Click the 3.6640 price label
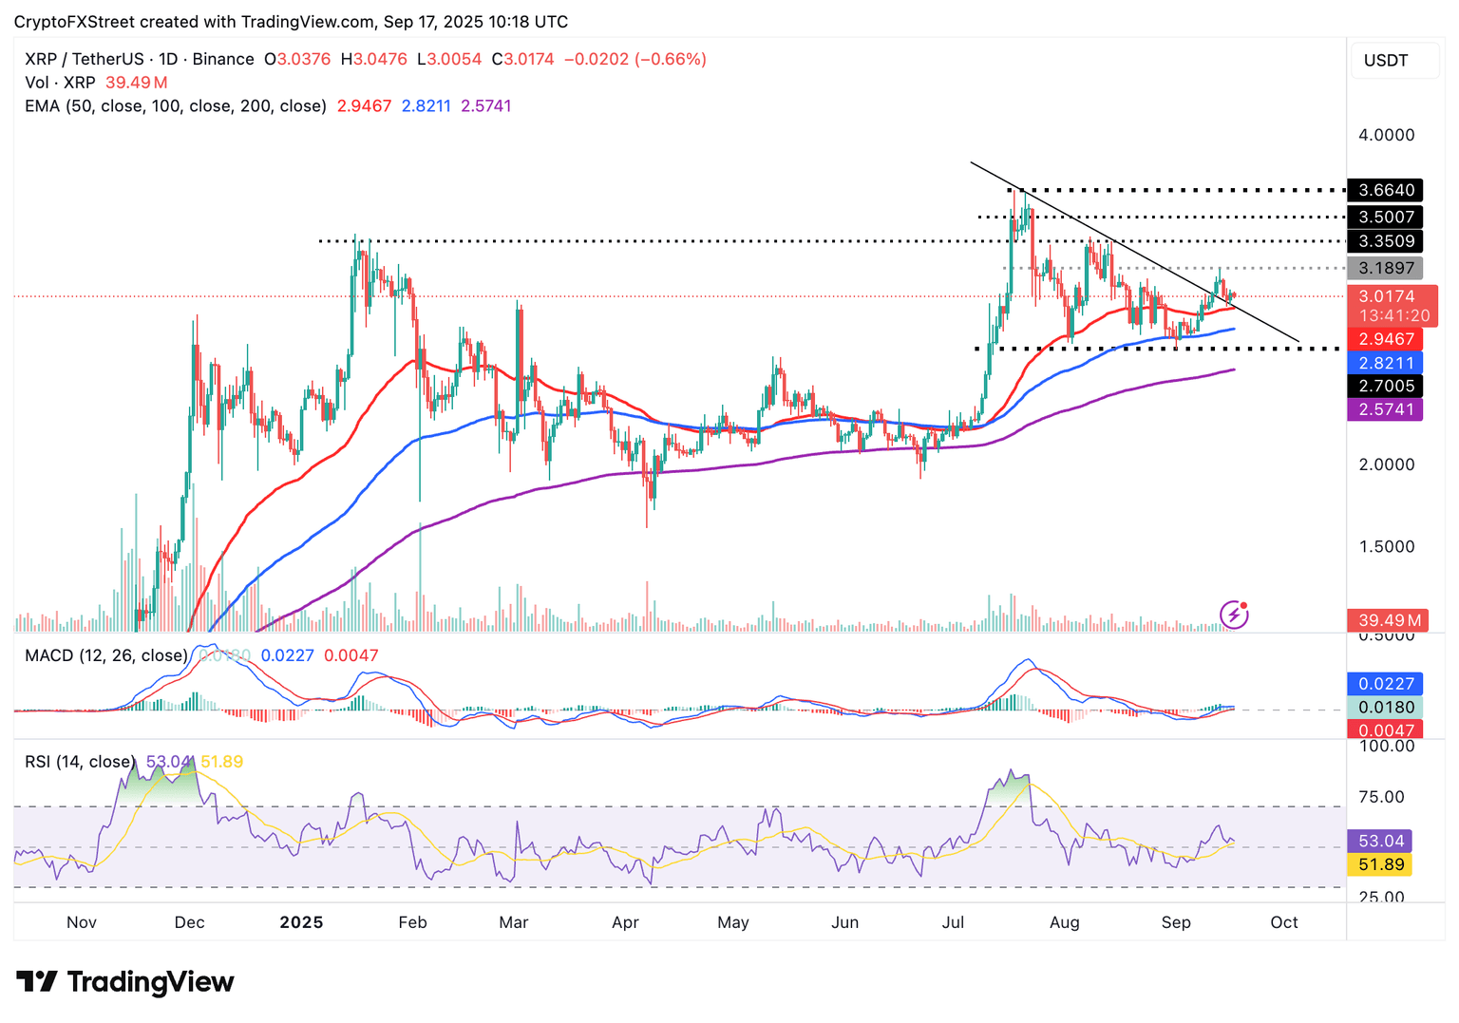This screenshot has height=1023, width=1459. (x=1385, y=190)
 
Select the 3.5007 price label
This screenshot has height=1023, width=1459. (x=1385, y=217)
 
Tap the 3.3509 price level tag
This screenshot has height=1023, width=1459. (x=1385, y=241)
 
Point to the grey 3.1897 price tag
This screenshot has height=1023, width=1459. (x=1385, y=268)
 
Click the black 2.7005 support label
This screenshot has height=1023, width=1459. (x=1385, y=386)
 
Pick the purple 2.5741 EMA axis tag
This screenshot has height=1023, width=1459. (x=1385, y=409)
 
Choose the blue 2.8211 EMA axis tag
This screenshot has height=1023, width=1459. (x=1385, y=363)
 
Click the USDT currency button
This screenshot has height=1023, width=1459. (x=1386, y=61)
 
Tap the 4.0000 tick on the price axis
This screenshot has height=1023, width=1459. (x=1386, y=135)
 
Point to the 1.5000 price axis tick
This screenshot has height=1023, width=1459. (x=1386, y=546)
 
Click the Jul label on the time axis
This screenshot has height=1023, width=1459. (x=953, y=922)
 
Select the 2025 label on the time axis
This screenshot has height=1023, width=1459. (x=301, y=922)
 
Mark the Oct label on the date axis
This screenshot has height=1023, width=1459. (x=1284, y=922)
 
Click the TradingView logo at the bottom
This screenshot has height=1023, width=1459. (x=125, y=981)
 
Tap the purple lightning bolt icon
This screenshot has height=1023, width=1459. (x=1234, y=615)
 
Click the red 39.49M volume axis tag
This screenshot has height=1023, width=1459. (x=1389, y=620)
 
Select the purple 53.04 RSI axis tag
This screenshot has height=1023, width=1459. (x=1380, y=841)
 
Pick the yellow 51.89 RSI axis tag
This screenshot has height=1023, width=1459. (x=1380, y=864)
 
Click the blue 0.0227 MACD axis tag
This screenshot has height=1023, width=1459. (x=1385, y=684)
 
